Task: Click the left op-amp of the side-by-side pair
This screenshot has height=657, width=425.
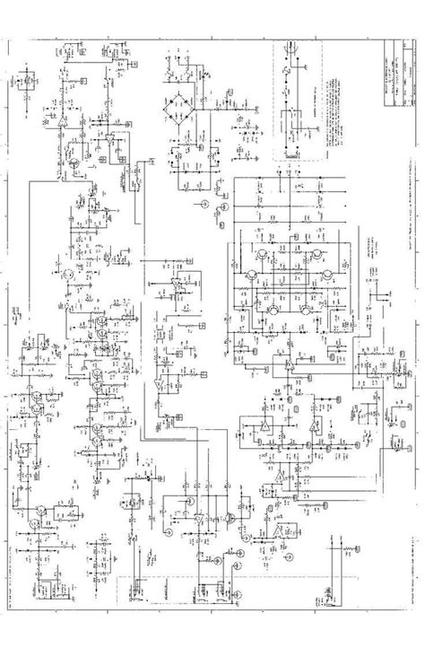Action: point(265,422)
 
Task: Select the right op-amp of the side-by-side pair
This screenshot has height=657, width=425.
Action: point(309,422)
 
